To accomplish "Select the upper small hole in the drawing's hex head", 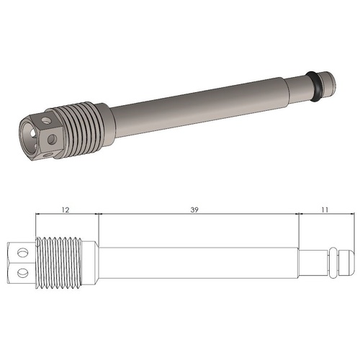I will (22, 251).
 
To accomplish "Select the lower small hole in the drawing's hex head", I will (22, 271).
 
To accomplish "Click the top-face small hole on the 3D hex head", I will (47, 113).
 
